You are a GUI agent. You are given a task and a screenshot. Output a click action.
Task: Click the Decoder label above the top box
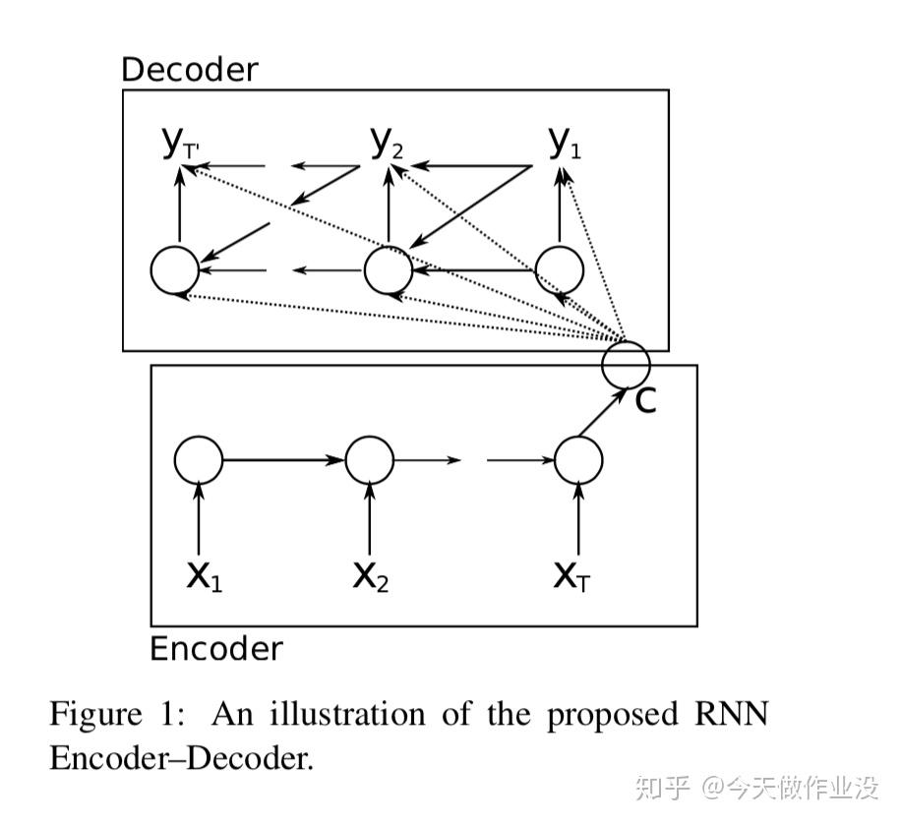(189, 70)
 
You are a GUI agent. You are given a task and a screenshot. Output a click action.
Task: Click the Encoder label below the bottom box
(215, 649)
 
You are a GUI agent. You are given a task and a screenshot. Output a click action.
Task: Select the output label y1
(565, 145)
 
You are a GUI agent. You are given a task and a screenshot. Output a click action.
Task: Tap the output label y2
(387, 145)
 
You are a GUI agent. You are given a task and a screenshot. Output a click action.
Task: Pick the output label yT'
(181, 146)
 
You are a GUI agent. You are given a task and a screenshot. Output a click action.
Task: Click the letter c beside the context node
(644, 399)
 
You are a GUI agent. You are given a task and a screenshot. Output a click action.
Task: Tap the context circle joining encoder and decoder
(626, 363)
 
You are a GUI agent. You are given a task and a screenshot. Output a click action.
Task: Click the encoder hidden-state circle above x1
(199, 459)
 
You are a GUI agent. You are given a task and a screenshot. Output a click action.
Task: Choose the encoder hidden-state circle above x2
(370, 459)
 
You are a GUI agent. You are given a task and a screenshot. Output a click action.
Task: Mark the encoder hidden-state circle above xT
(578, 459)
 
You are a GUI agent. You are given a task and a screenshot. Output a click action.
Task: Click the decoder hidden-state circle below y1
(560, 269)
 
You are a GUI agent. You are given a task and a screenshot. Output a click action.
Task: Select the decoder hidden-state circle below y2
(389, 269)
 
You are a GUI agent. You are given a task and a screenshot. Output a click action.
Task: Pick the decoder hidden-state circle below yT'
(175, 270)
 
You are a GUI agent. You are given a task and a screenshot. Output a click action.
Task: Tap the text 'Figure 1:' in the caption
(116, 714)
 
